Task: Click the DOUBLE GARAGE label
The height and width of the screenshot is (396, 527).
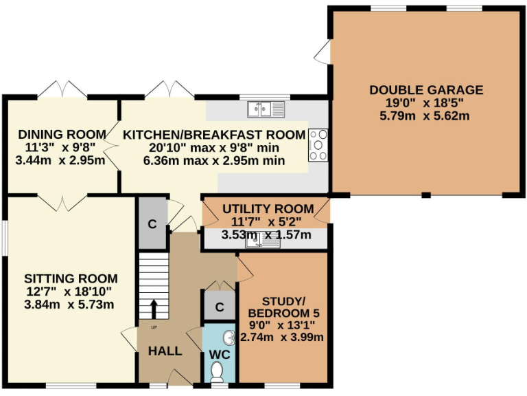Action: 426,90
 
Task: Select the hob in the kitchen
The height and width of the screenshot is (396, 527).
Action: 318,144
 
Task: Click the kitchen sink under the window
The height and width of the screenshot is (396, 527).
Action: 266,109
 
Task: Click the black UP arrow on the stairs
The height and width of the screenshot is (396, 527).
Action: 154,309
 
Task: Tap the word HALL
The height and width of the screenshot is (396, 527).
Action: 165,351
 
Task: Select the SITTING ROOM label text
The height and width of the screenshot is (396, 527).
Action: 71,278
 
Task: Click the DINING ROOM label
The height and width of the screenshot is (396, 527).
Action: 62,134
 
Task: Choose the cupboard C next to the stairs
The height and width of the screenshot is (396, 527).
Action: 152,224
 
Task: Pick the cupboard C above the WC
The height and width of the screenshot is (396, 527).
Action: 219,307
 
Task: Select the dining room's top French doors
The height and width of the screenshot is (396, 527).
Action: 62,89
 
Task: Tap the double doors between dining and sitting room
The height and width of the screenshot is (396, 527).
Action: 62,202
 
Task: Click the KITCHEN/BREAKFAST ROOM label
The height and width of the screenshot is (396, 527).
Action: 213,134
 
